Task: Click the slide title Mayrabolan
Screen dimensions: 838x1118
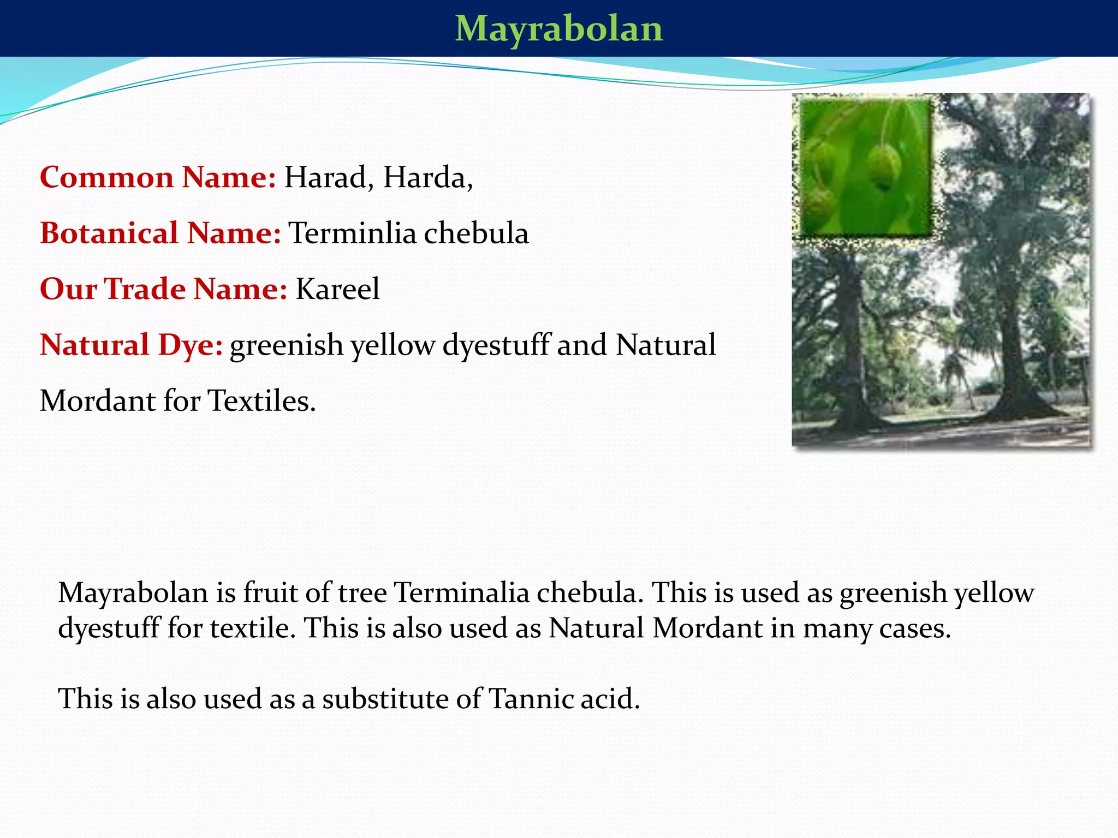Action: (558, 28)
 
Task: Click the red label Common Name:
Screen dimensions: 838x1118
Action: (158, 178)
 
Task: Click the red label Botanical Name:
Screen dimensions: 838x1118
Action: (160, 234)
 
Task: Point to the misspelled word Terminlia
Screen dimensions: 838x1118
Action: (352, 234)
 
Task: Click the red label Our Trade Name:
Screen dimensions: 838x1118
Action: (163, 289)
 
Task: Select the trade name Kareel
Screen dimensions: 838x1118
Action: (337, 289)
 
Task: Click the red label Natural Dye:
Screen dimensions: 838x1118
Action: (131, 345)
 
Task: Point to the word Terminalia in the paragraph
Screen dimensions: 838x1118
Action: (462, 593)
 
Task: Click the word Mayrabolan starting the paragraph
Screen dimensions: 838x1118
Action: (133, 593)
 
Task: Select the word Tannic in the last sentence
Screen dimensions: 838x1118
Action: (530, 699)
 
